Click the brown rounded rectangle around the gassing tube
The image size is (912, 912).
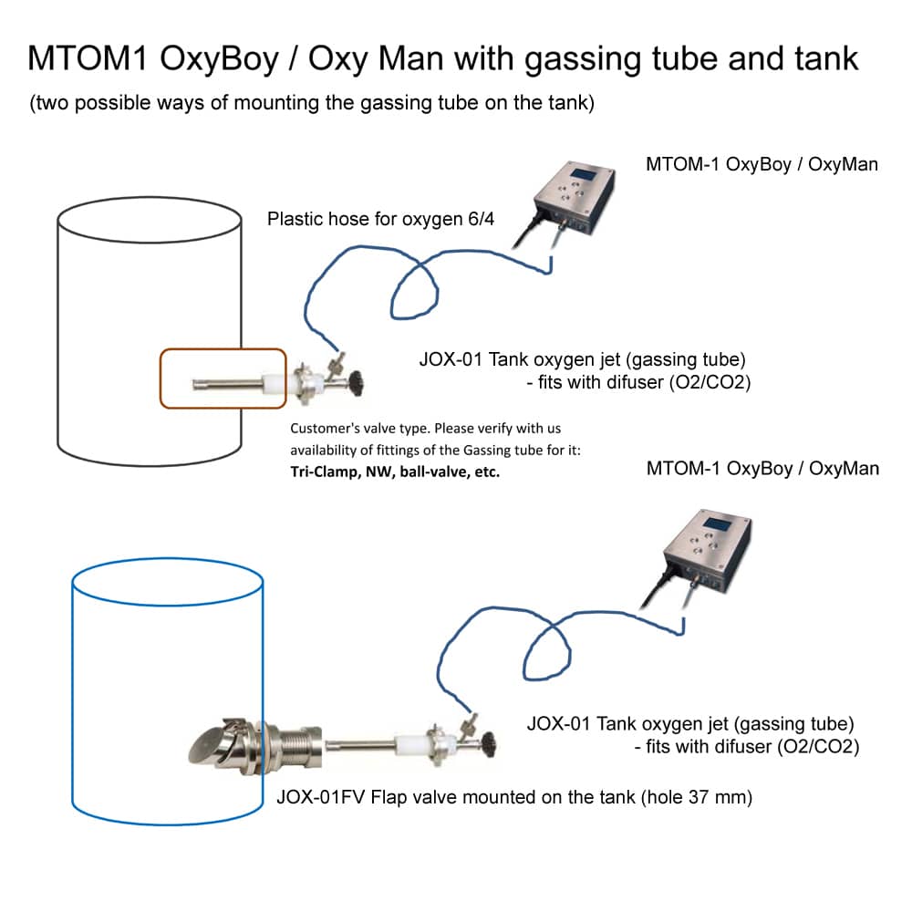click(x=223, y=351)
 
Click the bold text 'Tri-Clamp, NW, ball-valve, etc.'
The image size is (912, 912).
click(x=395, y=472)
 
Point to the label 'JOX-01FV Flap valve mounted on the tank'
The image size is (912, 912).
click(x=457, y=798)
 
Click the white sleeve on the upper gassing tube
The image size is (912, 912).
click(x=274, y=383)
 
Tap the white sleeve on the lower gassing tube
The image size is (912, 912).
click(x=404, y=742)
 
